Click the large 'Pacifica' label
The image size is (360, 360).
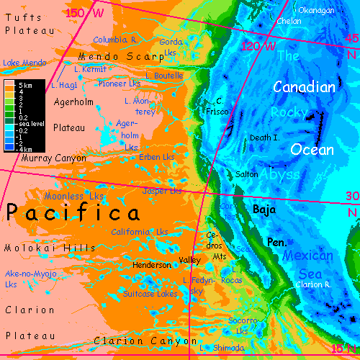point(73,214)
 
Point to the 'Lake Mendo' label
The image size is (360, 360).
point(24,63)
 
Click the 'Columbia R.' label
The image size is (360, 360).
point(115,40)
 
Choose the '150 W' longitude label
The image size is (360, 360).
point(83,13)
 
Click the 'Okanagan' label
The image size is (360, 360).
point(317,10)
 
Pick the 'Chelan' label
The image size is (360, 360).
point(289,21)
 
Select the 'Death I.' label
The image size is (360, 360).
point(264,137)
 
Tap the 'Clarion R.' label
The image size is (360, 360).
point(312,284)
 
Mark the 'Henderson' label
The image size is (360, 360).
point(153,265)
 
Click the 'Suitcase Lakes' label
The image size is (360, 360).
point(150,294)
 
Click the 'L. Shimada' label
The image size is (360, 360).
point(221,348)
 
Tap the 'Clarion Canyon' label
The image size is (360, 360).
point(145,341)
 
